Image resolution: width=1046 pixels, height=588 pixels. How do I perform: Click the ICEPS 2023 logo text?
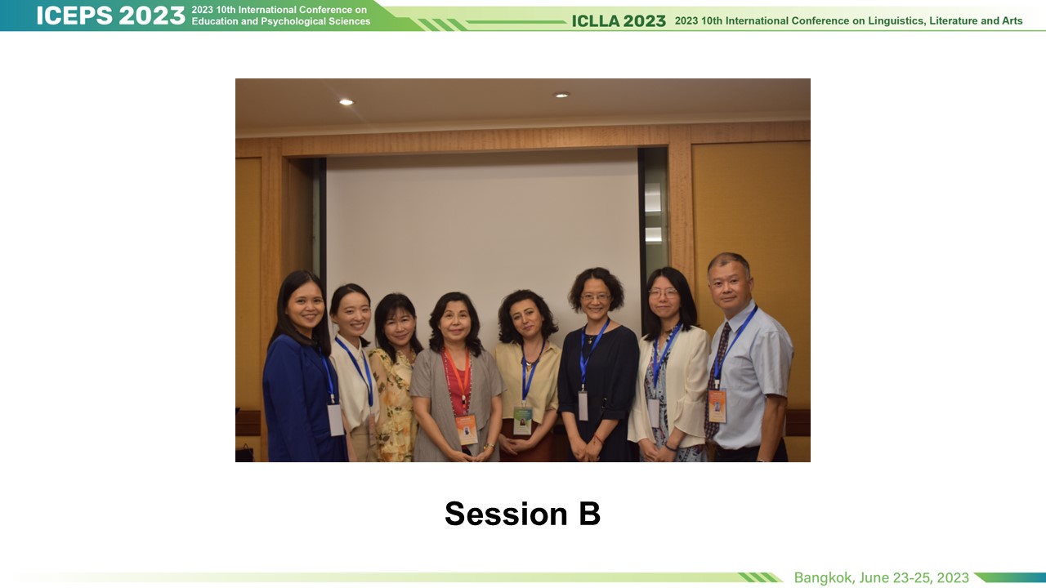(110, 16)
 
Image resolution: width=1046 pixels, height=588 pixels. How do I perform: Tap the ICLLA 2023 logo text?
(619, 21)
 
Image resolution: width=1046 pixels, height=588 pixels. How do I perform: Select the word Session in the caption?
(506, 514)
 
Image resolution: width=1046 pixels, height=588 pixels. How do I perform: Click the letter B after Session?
(590, 514)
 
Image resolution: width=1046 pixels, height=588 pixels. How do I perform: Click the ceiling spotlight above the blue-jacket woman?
(346, 102)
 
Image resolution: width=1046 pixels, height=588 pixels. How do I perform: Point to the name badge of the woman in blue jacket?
(335, 420)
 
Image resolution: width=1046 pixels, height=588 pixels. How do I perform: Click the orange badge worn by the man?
(717, 407)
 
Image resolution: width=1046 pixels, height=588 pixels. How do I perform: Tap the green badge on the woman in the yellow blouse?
(522, 420)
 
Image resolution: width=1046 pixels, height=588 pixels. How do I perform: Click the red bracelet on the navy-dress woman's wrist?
(597, 439)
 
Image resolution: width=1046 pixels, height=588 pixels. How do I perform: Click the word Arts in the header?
(1012, 21)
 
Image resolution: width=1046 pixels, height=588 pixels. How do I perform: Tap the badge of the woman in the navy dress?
(583, 406)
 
